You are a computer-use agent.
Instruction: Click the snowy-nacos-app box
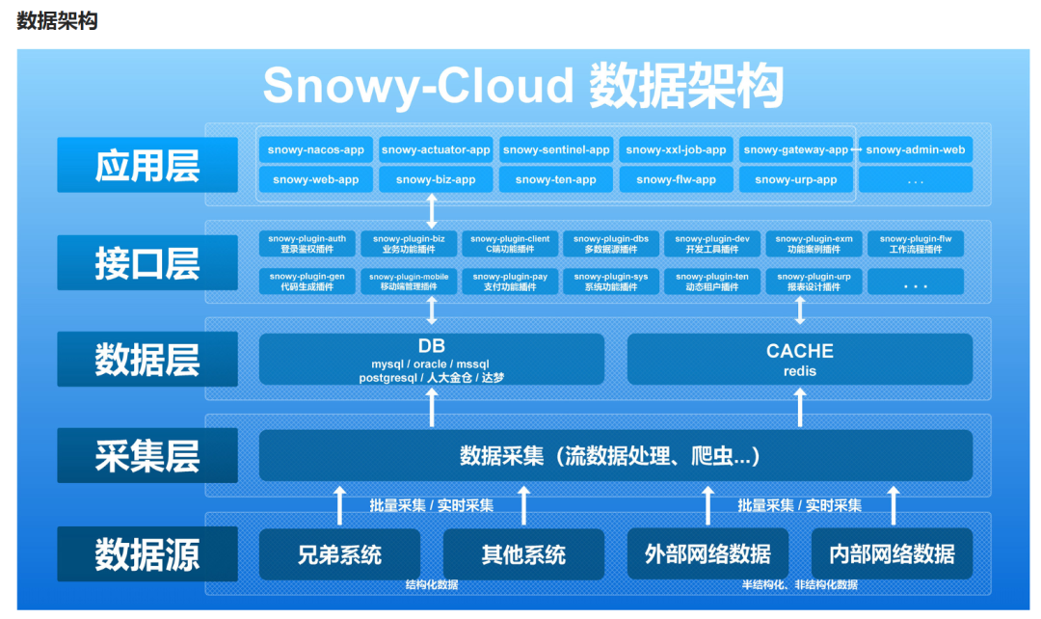pos(316,149)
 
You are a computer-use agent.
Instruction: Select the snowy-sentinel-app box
pos(556,149)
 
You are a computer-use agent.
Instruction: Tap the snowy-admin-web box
pos(915,149)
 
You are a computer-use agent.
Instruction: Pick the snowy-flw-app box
pos(677,179)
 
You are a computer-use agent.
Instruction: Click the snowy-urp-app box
pos(796,179)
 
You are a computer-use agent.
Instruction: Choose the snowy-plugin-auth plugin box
pos(307,243)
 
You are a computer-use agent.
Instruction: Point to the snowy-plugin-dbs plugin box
pos(612,243)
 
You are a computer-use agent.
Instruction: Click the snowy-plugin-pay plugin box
pos(510,282)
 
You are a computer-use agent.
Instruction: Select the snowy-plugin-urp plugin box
pos(814,282)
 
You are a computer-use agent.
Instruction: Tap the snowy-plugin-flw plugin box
pos(915,243)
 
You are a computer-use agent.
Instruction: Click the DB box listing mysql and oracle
pos(432,360)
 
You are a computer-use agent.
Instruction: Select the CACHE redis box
pos(799,360)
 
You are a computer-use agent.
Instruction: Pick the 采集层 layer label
pos(147,456)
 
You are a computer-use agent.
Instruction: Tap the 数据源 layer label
pos(147,553)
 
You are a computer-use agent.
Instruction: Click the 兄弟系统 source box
pos(339,554)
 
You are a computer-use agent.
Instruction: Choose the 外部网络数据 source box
pos(707,554)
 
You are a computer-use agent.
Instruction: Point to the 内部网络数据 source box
pos(892,554)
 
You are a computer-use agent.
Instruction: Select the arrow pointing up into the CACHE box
pos(799,406)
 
